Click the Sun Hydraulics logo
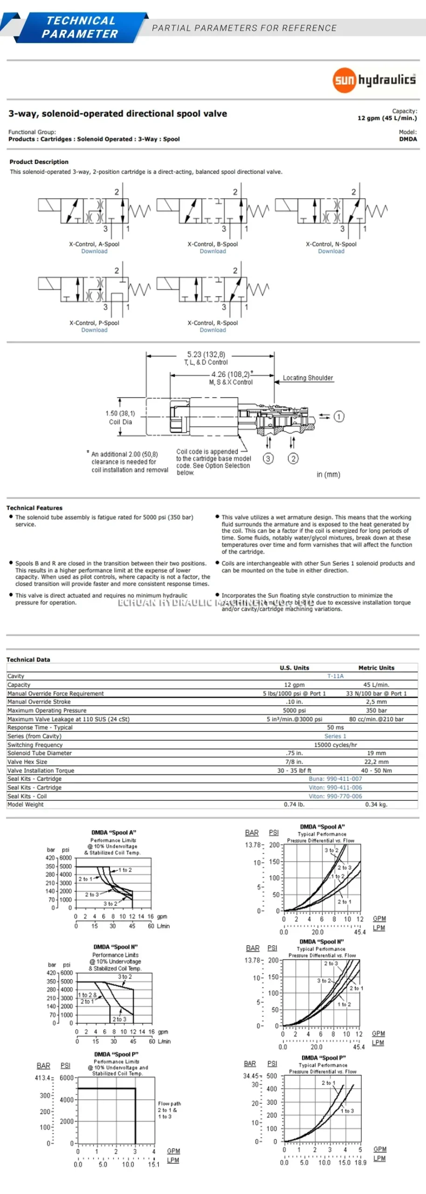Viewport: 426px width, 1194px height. click(x=374, y=80)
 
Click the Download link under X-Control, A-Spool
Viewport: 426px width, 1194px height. click(x=94, y=251)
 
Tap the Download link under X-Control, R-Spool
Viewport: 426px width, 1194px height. click(x=213, y=330)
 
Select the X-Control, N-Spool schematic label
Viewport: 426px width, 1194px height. click(x=331, y=244)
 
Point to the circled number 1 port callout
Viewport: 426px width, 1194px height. click(x=339, y=416)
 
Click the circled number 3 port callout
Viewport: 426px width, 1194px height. click(x=268, y=458)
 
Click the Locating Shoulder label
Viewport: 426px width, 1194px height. click(x=308, y=378)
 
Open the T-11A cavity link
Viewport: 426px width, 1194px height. click(x=335, y=676)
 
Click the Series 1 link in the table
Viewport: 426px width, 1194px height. click(x=335, y=736)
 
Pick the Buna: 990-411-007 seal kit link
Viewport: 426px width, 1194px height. click(x=335, y=778)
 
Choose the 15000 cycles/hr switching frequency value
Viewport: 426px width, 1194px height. click(x=335, y=745)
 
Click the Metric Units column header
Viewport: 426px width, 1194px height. click(x=376, y=668)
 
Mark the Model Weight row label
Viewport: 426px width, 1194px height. click(x=26, y=804)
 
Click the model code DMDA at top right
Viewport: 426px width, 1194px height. click(x=408, y=139)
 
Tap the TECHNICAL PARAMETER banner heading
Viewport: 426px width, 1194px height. click(x=80, y=27)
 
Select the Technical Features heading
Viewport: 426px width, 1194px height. click(x=34, y=508)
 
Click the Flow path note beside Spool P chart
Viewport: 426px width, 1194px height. click(x=169, y=1110)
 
